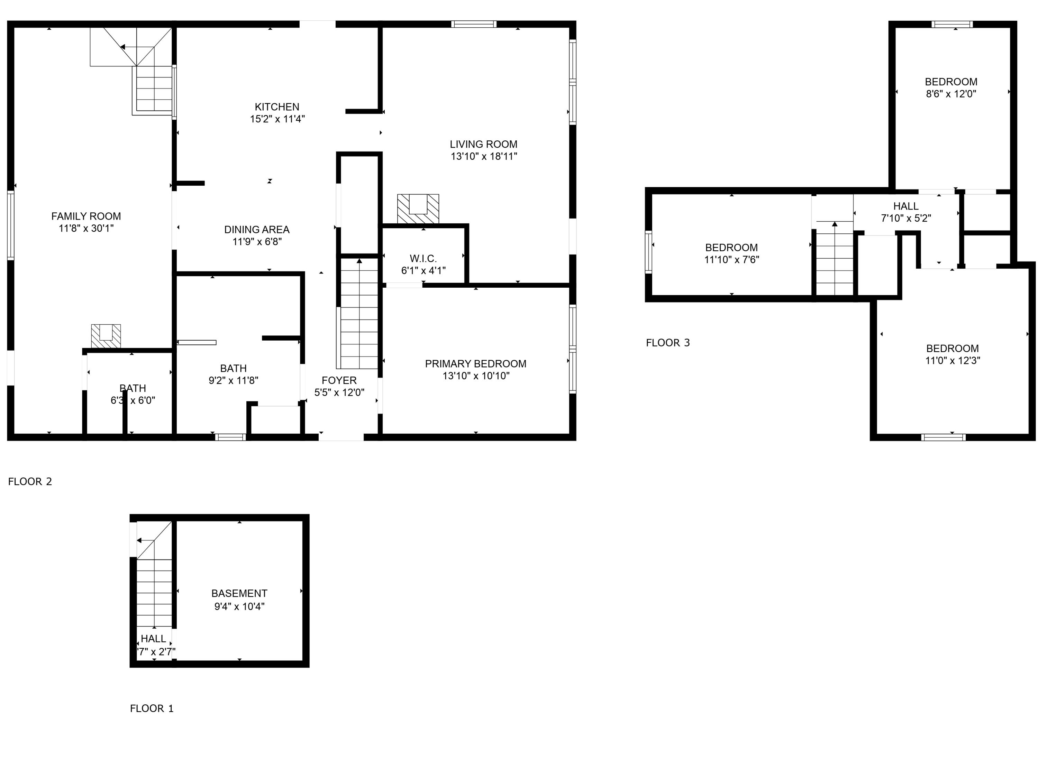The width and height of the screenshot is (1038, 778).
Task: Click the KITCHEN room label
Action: point(277,107)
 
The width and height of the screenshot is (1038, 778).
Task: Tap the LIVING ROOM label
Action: point(483,145)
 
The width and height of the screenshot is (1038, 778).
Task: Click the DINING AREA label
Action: point(257,230)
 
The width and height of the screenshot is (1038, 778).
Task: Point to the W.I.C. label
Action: point(423,258)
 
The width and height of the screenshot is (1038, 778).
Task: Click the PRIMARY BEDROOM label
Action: point(475,364)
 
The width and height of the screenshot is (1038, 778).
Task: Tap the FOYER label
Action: point(339,380)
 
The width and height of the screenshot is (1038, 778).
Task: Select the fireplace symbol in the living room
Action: point(418,209)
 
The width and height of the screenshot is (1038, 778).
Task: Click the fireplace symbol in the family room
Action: point(106,336)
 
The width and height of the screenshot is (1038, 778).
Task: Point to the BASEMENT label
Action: point(239,593)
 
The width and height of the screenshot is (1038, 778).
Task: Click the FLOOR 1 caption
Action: point(152,708)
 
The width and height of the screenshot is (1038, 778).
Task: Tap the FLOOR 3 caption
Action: point(668,343)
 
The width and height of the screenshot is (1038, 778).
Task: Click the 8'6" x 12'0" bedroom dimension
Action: point(951,94)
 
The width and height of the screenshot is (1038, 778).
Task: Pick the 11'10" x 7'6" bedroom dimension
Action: point(731,260)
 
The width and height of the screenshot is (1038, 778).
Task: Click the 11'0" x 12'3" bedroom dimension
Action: point(953,361)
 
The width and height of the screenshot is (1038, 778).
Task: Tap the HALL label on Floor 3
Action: point(906,206)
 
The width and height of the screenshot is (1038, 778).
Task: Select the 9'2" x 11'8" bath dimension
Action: point(233,380)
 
